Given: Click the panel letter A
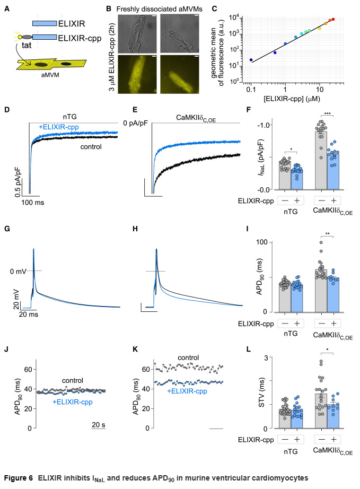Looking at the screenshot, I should pos(6,7).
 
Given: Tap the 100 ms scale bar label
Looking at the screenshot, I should pos(32,202).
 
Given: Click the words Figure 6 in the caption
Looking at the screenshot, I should pos(23,477).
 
